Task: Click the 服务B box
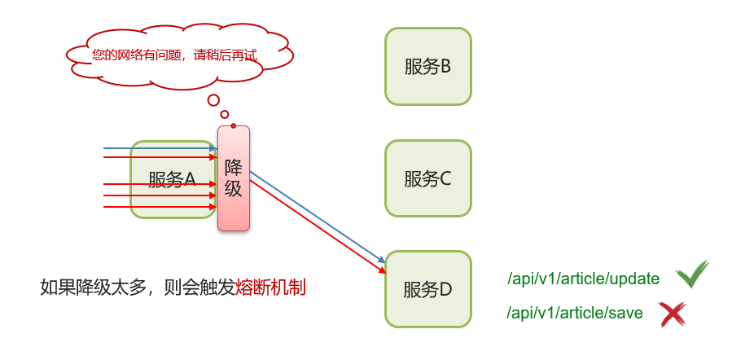point(428,67)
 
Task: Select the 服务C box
point(428,178)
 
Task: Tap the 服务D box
point(428,289)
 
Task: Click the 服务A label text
point(173,179)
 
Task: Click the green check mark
point(692,274)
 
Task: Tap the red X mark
point(672,314)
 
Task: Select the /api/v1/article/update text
point(583,279)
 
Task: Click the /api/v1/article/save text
point(575,313)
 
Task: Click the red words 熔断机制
point(270,288)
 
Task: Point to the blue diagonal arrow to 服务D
point(318,217)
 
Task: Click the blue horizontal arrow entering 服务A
point(159,149)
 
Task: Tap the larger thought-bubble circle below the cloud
point(213,100)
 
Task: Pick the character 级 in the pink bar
point(234,189)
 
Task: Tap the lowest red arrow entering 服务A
point(159,207)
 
